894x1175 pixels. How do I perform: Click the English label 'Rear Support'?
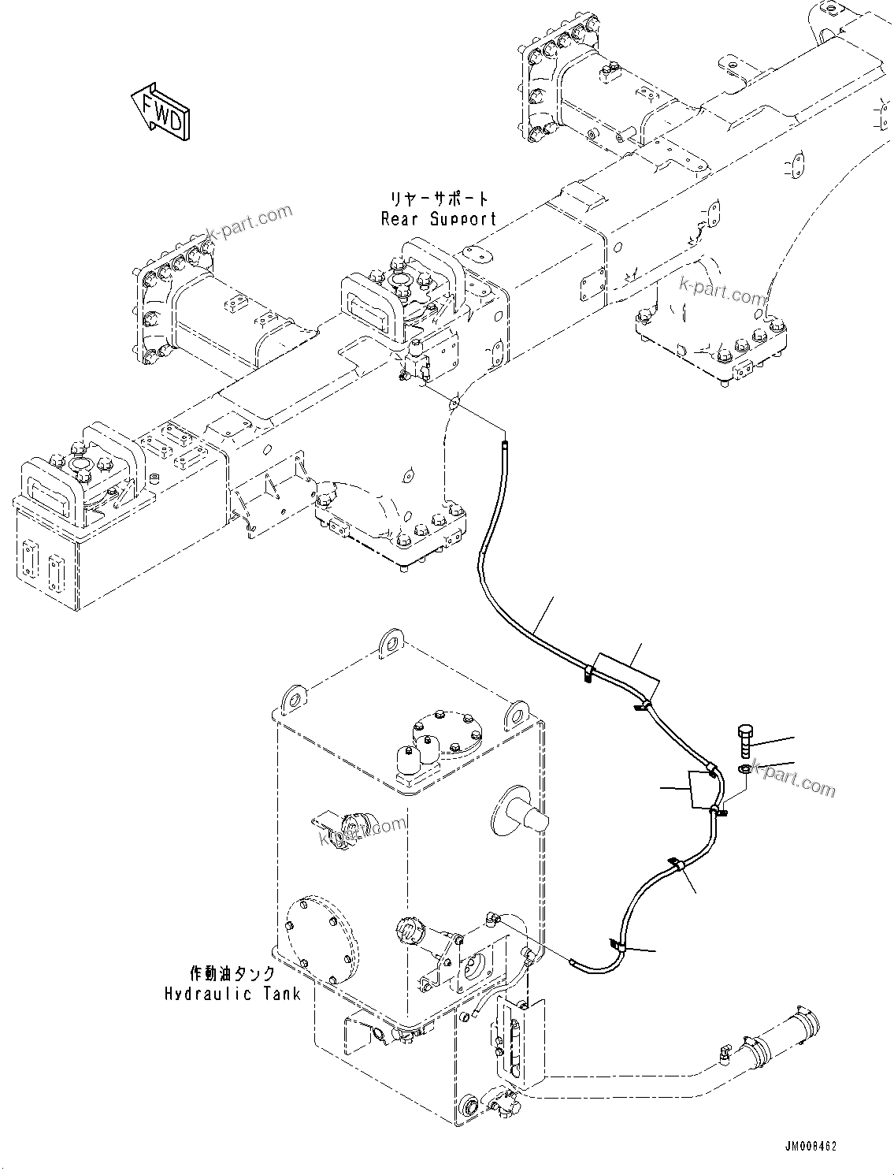pyautogui.click(x=439, y=219)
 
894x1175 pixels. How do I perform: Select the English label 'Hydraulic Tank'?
pyautogui.click(x=232, y=994)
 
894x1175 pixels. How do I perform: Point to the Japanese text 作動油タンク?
pyautogui.click(x=232, y=973)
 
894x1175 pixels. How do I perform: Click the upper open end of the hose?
pyautogui.click(x=504, y=446)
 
